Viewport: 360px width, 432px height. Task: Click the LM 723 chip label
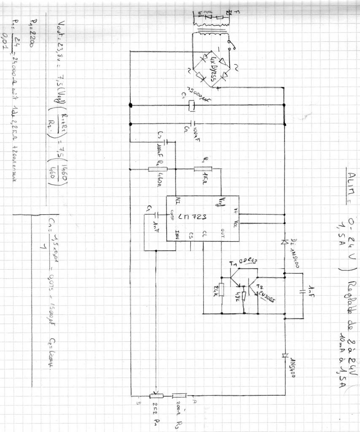pos(192,217)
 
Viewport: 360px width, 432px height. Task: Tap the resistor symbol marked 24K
pos(221,289)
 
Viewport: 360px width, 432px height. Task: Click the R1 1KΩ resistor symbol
pos(203,169)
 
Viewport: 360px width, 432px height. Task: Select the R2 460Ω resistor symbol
pos(158,169)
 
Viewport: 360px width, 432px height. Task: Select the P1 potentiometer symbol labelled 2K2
pos(156,396)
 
